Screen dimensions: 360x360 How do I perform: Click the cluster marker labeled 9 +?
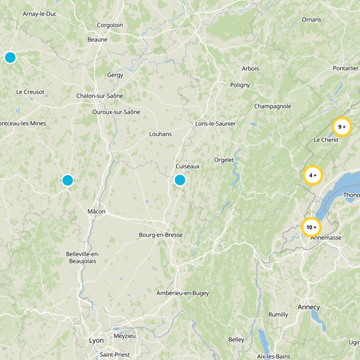pyautogui.click(x=342, y=127)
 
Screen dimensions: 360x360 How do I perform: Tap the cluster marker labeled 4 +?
pyautogui.click(x=312, y=175)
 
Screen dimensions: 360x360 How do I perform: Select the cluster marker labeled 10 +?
pyautogui.click(x=311, y=228)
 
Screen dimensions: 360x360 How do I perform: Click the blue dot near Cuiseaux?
pyautogui.click(x=180, y=180)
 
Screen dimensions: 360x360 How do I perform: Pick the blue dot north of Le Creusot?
pyautogui.click(x=10, y=58)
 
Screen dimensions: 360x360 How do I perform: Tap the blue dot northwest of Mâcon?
pyautogui.click(x=67, y=180)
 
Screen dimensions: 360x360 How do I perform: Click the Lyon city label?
pyautogui.click(x=96, y=341)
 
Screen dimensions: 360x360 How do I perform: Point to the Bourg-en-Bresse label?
pyautogui.click(x=160, y=235)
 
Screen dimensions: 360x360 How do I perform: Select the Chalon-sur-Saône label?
pyautogui.click(x=99, y=96)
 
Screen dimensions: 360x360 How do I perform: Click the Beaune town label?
pyautogui.click(x=97, y=40)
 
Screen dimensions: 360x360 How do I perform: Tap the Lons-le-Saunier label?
pyautogui.click(x=216, y=124)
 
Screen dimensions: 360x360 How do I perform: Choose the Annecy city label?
pyautogui.click(x=309, y=307)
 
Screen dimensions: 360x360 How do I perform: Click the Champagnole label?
pyautogui.click(x=273, y=107)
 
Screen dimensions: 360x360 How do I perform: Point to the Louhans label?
pyautogui.click(x=160, y=134)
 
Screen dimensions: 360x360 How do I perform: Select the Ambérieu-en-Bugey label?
pyautogui.click(x=183, y=293)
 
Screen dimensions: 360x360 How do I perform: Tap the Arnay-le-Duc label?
pyautogui.click(x=40, y=14)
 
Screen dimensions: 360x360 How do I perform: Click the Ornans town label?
pyautogui.click(x=311, y=20)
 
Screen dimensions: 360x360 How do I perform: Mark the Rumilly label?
pyautogui.click(x=278, y=315)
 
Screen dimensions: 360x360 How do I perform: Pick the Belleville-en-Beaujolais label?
pyautogui.click(x=82, y=257)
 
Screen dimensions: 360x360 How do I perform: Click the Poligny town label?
pyautogui.click(x=239, y=85)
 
